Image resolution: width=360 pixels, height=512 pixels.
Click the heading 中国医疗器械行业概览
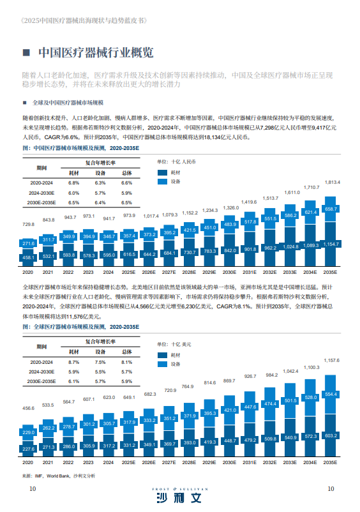coord(96,52)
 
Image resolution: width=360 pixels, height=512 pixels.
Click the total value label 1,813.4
coord(332,183)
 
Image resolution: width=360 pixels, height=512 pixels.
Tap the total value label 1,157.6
coord(332,361)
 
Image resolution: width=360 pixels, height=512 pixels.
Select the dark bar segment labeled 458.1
coord(28,257)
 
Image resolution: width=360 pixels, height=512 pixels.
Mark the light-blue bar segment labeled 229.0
coord(28,432)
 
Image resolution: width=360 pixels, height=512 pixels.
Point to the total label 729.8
coord(28,224)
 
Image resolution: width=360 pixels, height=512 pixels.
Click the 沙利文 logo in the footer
coord(179,497)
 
